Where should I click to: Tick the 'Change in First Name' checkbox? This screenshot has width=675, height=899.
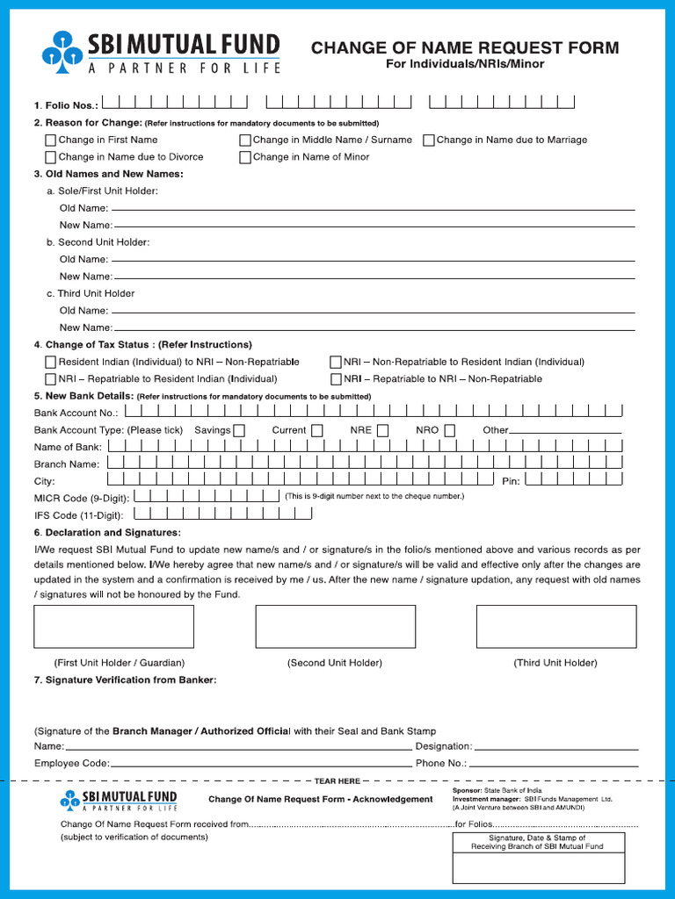51,140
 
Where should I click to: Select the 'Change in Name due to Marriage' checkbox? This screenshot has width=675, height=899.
429,140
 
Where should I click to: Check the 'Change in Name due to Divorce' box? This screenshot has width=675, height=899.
51,157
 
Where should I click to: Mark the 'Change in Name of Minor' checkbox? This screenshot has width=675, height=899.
245,157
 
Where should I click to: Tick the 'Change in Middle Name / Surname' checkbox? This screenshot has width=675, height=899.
245,140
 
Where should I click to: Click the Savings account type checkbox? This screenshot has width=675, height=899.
239,430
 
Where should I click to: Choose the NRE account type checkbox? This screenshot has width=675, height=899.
383,430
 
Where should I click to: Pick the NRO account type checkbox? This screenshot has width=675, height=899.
449,430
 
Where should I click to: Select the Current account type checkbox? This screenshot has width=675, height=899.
316,430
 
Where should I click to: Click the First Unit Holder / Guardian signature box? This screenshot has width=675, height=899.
113,626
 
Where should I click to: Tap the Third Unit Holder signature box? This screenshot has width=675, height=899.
555,626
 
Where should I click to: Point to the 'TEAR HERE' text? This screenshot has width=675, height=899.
337,780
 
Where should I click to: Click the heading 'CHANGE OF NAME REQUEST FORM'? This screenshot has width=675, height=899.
465,48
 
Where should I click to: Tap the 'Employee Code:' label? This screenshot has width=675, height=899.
72,764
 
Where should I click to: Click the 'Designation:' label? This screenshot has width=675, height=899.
444,746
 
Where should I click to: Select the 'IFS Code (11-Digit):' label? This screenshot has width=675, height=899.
79,515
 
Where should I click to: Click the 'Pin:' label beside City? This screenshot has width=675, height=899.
511,481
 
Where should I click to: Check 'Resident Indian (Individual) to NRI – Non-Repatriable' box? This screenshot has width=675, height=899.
51,362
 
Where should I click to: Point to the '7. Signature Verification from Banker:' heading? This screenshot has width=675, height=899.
125,680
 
